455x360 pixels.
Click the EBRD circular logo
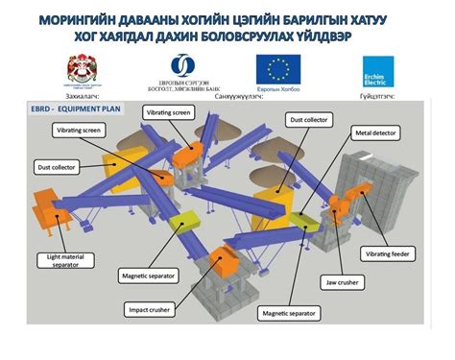pyautogui.click(x=180, y=65)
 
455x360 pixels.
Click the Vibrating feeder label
pyautogui.click(x=386, y=253)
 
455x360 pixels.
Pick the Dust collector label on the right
pyautogui.click(x=308, y=120)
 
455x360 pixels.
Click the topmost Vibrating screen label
pyautogui.click(x=171, y=112)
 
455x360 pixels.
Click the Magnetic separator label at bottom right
pyautogui.click(x=288, y=313)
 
